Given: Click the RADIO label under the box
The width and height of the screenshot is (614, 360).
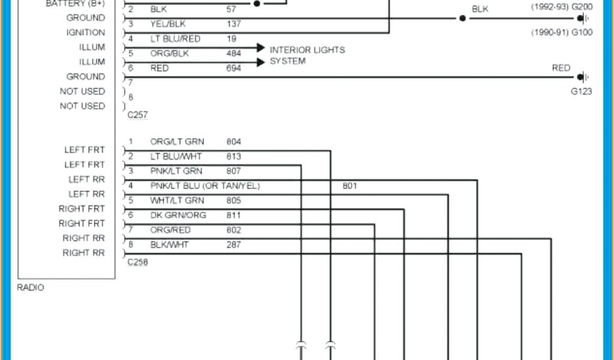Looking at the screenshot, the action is [x=31, y=287].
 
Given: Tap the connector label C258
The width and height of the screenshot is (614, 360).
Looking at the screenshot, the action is [x=137, y=262].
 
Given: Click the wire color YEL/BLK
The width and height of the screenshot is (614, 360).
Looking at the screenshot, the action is [x=167, y=24].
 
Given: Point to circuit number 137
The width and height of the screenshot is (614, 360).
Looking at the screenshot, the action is [x=234, y=24].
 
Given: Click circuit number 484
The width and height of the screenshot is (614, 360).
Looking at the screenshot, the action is [x=234, y=53].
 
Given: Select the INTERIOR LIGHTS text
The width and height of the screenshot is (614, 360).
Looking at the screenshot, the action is [x=307, y=50].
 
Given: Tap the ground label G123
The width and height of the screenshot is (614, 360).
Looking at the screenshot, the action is [x=581, y=92].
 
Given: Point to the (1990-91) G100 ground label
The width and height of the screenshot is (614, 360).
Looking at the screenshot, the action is [x=562, y=32].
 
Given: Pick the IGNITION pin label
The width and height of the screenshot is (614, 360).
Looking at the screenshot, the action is [x=86, y=32].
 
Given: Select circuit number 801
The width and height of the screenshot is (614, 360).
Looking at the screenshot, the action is [x=350, y=186].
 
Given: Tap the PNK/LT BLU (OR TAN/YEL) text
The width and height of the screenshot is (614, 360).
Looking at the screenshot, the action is [x=205, y=185].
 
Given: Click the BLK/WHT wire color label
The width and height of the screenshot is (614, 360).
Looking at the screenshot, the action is [x=170, y=244].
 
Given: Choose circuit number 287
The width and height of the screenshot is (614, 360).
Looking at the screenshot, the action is [x=234, y=244].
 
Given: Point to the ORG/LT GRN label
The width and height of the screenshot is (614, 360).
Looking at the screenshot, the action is [x=177, y=142].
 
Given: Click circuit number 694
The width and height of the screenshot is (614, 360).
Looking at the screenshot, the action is [x=234, y=68].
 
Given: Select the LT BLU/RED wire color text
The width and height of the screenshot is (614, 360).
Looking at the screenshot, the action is [x=175, y=39].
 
